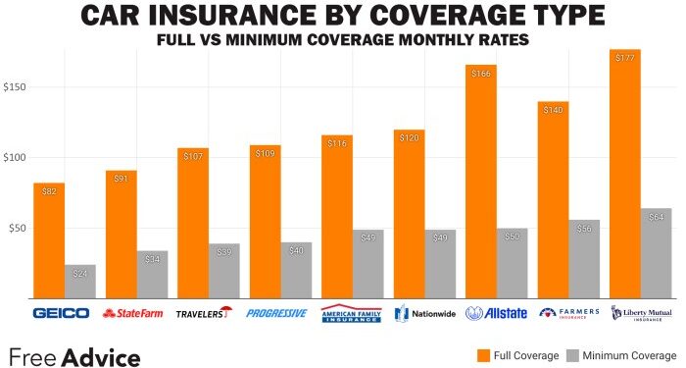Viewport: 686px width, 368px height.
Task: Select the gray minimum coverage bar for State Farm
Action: pos(152,274)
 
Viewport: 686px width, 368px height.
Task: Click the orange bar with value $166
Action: pos(480,182)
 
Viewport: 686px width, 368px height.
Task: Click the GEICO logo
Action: pos(61,313)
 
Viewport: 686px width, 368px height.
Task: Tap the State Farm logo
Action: pos(132,313)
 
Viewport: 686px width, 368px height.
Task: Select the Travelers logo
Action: pos(204,313)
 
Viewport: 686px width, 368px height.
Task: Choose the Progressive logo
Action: pos(276,313)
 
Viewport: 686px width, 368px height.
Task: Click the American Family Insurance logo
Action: pos(351,313)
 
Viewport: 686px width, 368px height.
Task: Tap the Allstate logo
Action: pos(497,313)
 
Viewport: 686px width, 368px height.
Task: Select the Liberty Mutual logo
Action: pos(642,313)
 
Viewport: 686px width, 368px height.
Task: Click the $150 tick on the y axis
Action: pos(17,87)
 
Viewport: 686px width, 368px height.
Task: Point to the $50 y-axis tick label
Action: pos(19,229)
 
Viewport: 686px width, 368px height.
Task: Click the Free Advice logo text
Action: pos(74,355)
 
